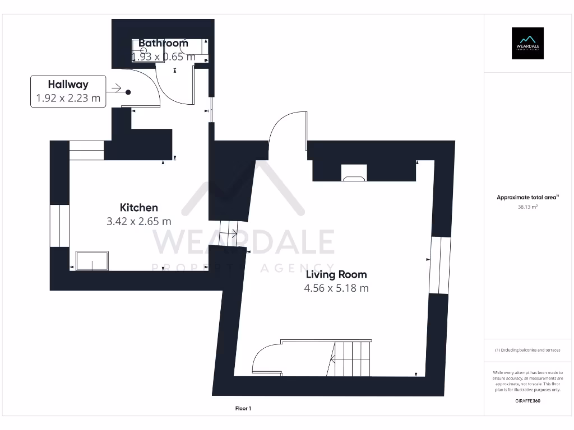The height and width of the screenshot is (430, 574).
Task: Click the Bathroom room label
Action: [x=163, y=43]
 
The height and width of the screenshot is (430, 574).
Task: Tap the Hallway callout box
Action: [x=68, y=91]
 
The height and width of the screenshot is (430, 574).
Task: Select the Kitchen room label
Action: [x=139, y=208]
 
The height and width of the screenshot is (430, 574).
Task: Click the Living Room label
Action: [x=336, y=274]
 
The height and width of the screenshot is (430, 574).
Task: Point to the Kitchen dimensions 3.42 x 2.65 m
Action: [x=139, y=221]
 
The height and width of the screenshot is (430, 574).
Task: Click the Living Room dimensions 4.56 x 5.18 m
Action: [x=336, y=288]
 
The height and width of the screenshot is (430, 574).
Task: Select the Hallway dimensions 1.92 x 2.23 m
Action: [x=68, y=98]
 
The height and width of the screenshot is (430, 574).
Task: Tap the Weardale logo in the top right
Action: [x=527, y=43]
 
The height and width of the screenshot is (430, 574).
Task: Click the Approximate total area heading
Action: [x=527, y=197]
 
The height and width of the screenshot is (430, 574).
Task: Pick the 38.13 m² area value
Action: [x=527, y=207]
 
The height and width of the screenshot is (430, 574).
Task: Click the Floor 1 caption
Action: [x=242, y=409]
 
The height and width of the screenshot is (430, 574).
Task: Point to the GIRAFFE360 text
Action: [x=527, y=401]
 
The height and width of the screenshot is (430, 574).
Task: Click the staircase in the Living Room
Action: [x=351, y=358]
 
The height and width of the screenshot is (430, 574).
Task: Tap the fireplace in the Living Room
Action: [x=354, y=174]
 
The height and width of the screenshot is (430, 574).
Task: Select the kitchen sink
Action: [x=92, y=261]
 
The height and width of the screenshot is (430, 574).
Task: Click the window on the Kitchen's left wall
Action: [x=58, y=226]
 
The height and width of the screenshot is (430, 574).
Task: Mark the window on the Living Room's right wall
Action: [x=440, y=265]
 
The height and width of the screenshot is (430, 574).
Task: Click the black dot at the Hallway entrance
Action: [x=128, y=92]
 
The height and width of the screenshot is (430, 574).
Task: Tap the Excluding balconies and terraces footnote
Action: [x=527, y=350]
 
